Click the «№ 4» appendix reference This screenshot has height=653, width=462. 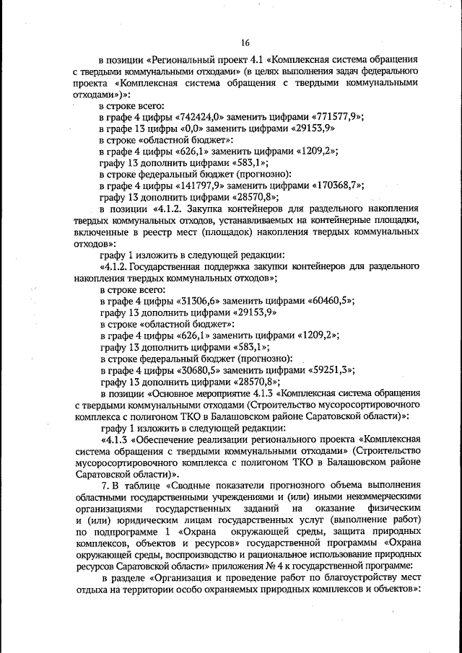(276, 566)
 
